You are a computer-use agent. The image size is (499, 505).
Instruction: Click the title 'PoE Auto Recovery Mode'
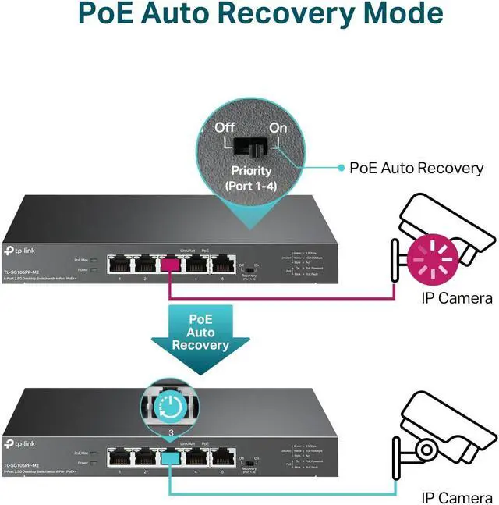click(249, 15)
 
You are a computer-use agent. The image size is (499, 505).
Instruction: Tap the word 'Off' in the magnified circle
click(225, 127)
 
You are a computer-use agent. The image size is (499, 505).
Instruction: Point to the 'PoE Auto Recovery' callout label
click(416, 168)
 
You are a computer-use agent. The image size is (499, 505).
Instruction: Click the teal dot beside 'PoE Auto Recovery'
click(340, 168)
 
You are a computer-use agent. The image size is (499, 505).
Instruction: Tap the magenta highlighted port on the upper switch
click(169, 265)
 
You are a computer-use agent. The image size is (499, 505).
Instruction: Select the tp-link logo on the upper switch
click(23, 250)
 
